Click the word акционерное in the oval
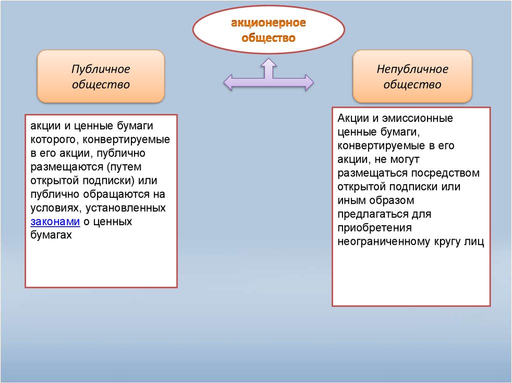pos(267,23)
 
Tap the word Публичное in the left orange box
pos(100,69)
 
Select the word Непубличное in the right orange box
pos(412,69)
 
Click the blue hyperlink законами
pos(55,222)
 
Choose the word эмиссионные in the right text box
pos(417,119)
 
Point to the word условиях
pos(54,207)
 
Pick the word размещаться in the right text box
pos(372,173)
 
